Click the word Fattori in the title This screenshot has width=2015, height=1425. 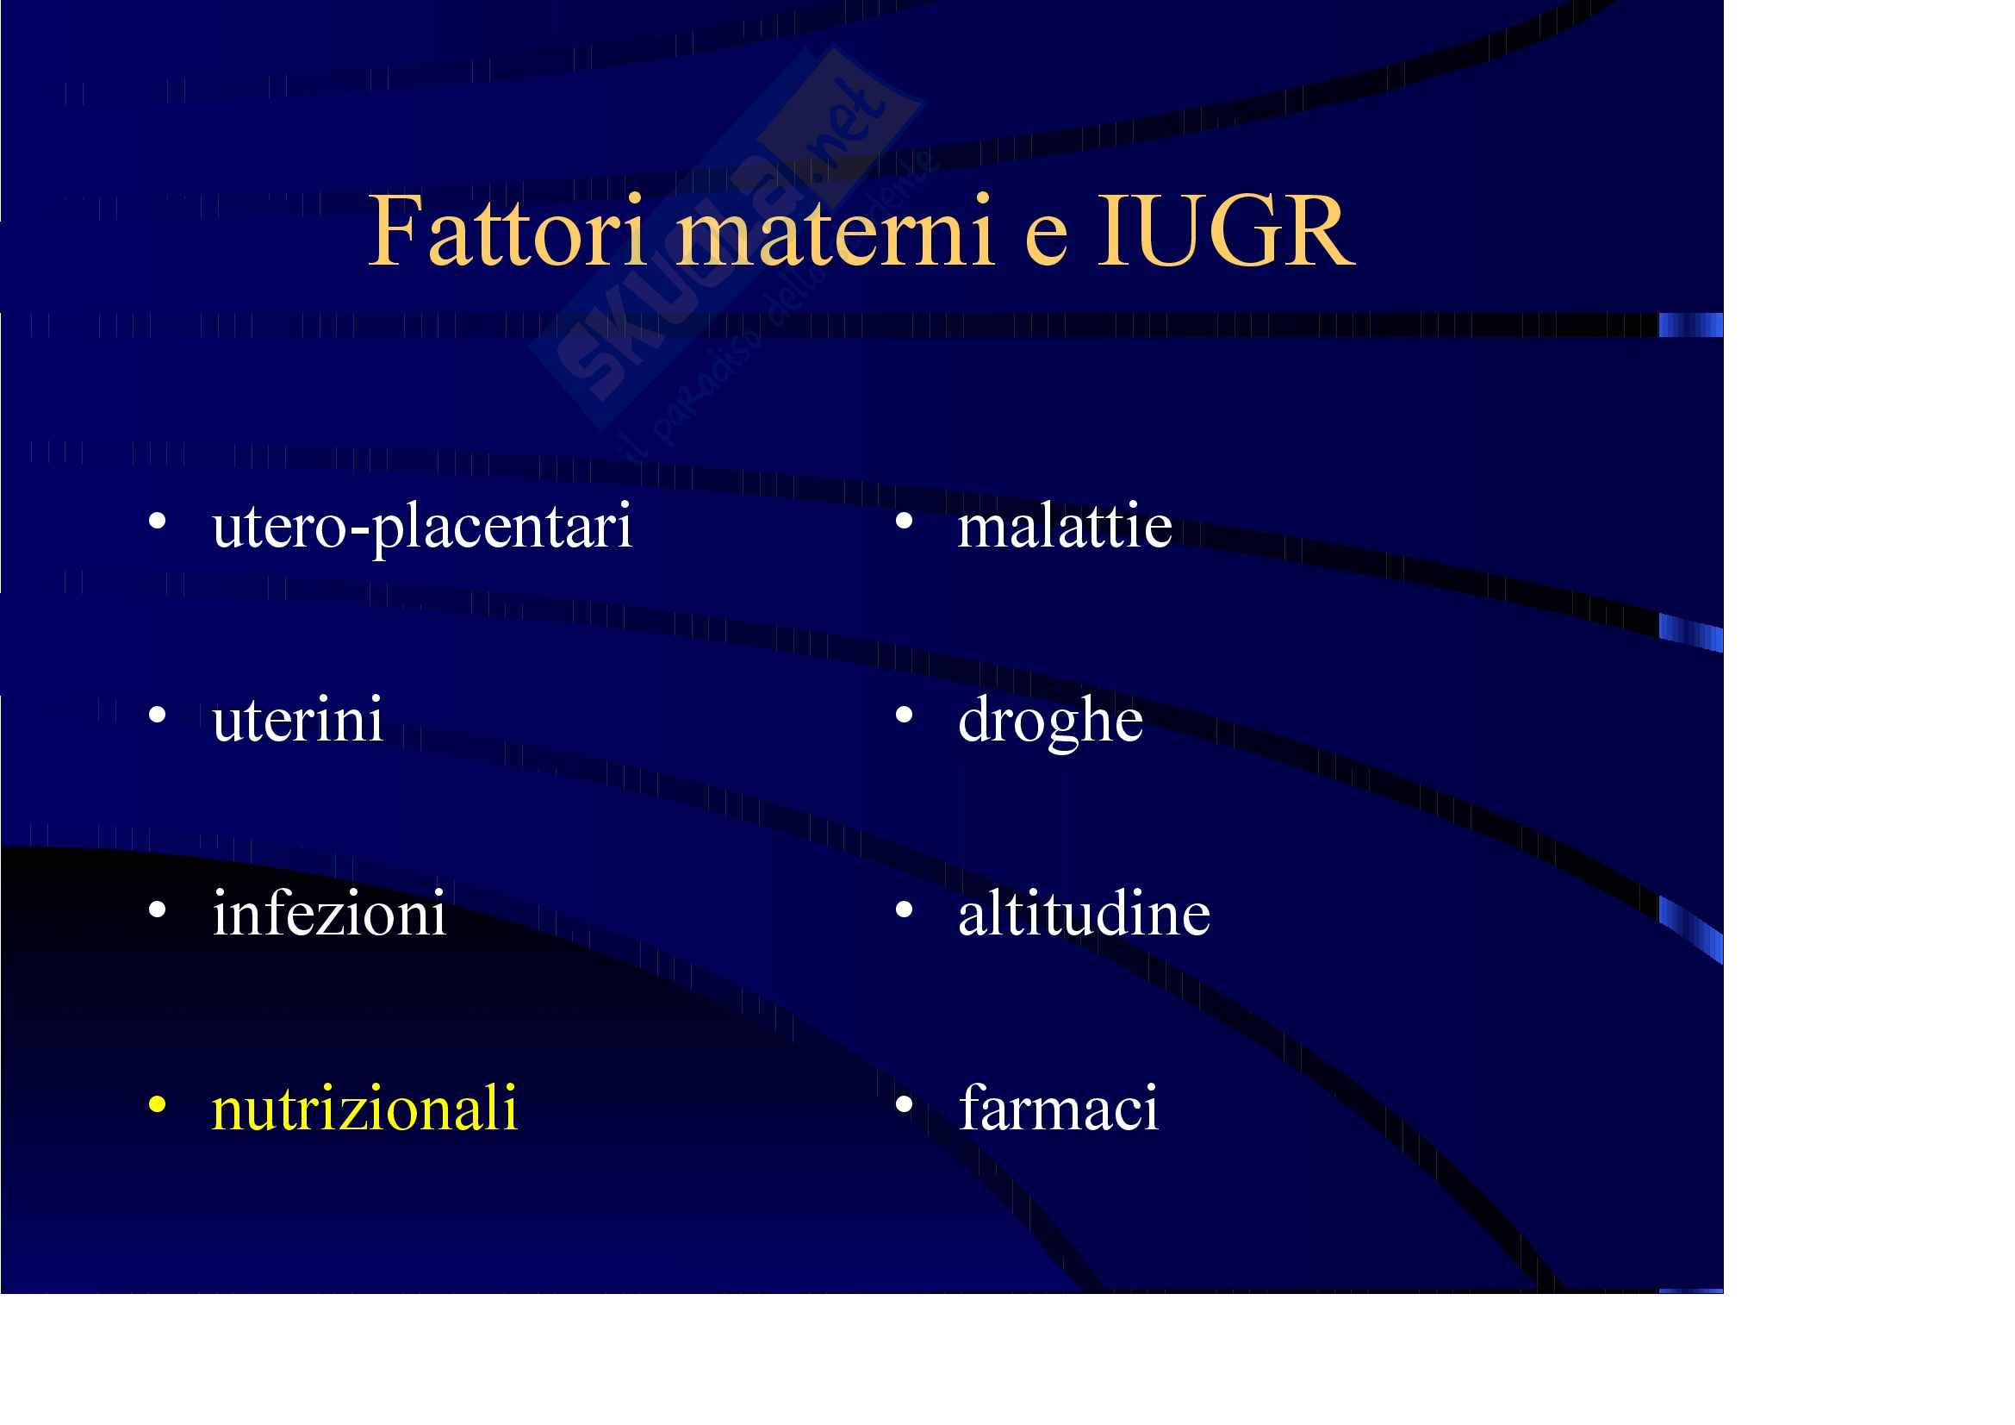[x=507, y=231]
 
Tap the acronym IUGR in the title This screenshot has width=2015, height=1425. [x=1226, y=231]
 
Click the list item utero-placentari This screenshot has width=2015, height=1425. [x=421, y=528]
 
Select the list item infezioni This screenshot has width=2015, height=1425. [x=329, y=913]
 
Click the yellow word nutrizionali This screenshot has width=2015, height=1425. [x=364, y=1107]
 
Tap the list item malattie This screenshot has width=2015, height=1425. [x=1065, y=526]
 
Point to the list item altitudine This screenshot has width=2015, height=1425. [x=1084, y=913]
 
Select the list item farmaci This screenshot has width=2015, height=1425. [x=1059, y=1107]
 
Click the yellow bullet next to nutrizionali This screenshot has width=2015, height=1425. [x=157, y=1103]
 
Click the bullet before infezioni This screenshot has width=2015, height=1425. [x=157, y=909]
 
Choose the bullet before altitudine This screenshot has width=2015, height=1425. [x=904, y=909]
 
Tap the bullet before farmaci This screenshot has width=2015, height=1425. [x=904, y=1103]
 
